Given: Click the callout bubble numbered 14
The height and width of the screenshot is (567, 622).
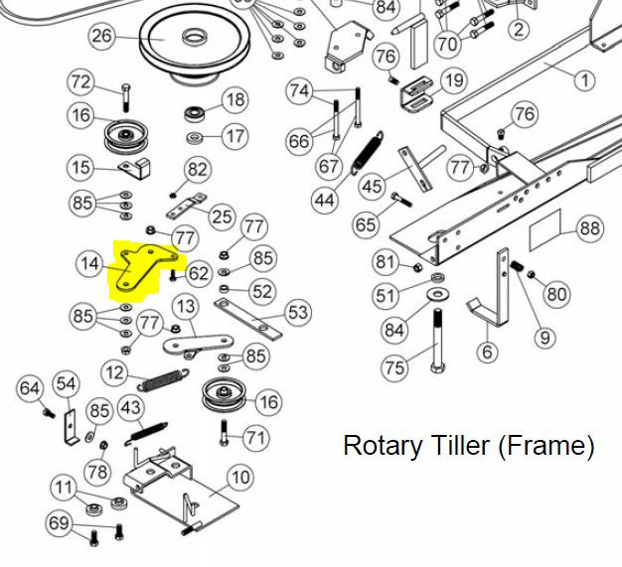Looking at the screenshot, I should click(x=90, y=263).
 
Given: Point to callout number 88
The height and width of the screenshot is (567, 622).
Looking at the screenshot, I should click(x=590, y=228).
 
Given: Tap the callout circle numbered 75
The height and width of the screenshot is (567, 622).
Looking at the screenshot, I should click(x=394, y=367).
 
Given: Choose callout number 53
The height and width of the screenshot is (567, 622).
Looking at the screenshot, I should click(x=297, y=314).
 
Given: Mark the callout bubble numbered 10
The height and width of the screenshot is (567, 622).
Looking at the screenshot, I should click(x=240, y=478).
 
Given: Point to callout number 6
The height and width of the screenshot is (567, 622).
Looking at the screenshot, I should click(x=487, y=352).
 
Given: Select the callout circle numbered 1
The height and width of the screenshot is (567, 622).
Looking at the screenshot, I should click(x=583, y=79).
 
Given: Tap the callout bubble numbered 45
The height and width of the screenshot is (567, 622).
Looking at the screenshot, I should click(x=372, y=186).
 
